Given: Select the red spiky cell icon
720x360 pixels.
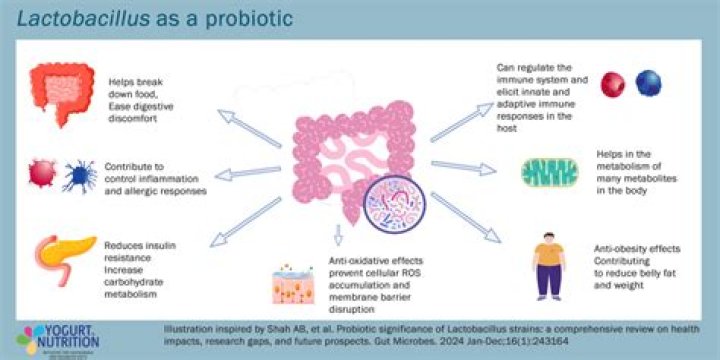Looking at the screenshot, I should [46, 174].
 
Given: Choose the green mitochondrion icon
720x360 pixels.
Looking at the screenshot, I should [549, 173].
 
